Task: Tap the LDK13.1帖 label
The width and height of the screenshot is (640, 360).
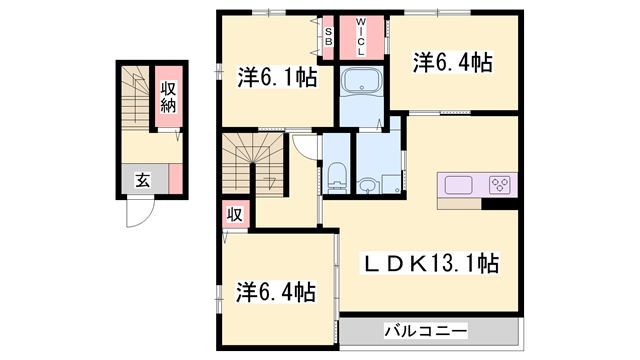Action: pos(430,264)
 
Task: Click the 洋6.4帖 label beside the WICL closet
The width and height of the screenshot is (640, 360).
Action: pos(453,63)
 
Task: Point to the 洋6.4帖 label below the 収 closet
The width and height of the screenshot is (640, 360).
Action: pos(276,292)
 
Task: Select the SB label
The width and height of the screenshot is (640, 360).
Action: pos(328,37)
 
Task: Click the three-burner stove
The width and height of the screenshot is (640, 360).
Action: pos(500,184)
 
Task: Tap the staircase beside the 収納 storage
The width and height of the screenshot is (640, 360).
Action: pos(133,95)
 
